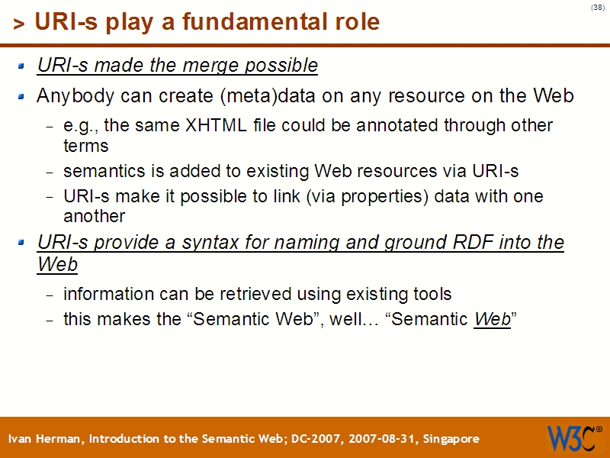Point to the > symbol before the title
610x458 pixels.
tap(19, 24)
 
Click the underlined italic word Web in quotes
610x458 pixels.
tap(492, 319)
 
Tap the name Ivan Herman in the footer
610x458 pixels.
tap(47, 439)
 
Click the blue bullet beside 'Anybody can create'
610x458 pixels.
tap(22, 97)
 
